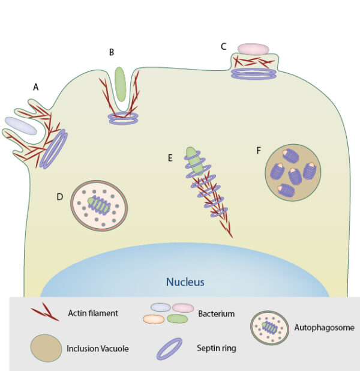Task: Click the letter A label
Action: (35, 87)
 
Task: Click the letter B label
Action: (112, 52)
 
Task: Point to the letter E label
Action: (170, 158)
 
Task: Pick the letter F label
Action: (259, 149)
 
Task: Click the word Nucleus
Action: (185, 281)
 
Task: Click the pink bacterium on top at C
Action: (253, 49)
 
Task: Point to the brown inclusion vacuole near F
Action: (293, 172)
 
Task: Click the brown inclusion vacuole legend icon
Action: (45, 348)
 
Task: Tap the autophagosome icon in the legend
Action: (270, 327)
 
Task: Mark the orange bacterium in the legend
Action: (154, 319)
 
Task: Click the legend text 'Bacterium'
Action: (215, 313)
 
